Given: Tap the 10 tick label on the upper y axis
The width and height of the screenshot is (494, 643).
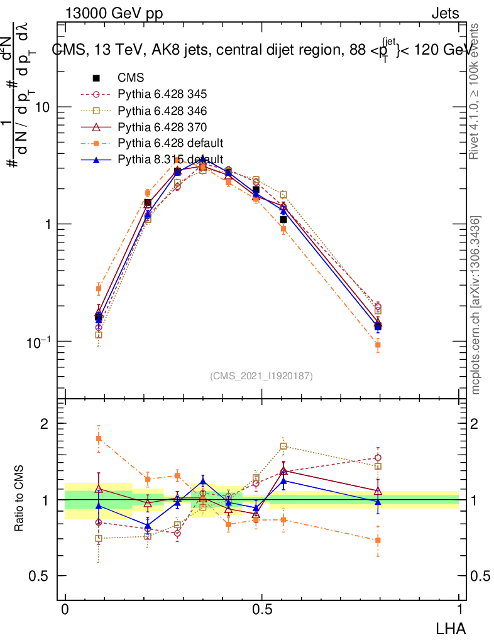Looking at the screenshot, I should click(x=43, y=107).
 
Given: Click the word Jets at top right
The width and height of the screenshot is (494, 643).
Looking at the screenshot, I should click(x=445, y=13).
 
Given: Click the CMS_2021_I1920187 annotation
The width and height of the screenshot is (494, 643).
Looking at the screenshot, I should click(x=261, y=376).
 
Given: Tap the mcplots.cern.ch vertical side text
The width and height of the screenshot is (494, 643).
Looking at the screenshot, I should click(x=476, y=305).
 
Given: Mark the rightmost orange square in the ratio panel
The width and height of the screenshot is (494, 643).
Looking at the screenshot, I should click(x=378, y=540).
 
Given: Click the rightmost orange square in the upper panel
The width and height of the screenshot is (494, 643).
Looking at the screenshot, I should click(x=378, y=345).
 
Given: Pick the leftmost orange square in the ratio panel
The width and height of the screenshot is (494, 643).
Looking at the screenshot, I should click(x=99, y=438).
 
